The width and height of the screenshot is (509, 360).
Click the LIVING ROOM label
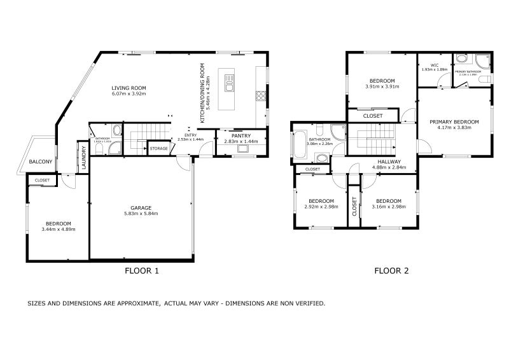pos(129,88)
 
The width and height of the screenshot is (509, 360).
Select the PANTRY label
pos(241,135)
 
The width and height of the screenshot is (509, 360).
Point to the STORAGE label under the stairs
pos(159,149)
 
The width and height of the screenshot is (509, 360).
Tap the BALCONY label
pos(41,162)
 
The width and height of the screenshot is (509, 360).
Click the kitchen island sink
pos(229,81)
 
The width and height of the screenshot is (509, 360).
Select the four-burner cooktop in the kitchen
pos(260,97)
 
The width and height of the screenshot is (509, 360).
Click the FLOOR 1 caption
pos(141,271)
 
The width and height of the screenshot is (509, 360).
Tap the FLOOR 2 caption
pos(391,271)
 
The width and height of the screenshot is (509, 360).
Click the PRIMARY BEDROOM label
pos(454,121)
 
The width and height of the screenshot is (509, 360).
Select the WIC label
pos(435,65)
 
